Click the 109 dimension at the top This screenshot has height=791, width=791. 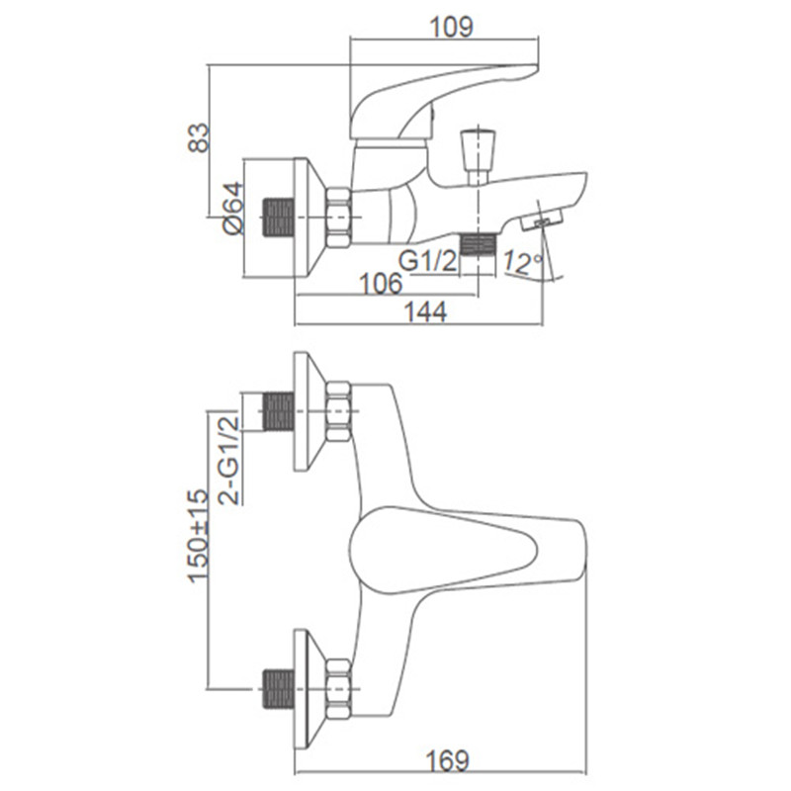click(x=451, y=27)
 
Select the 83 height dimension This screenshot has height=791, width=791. click(x=199, y=137)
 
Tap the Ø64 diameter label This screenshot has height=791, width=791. click(x=233, y=208)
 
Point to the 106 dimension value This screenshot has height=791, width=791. click(x=381, y=284)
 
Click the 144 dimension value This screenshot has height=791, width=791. click(x=425, y=311)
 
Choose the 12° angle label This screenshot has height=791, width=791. click(x=523, y=262)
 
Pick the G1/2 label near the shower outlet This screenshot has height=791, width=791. click(x=427, y=261)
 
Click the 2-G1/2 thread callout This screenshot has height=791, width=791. click(x=228, y=459)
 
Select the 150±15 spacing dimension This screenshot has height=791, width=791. click(x=198, y=536)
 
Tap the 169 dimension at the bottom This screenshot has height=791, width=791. click(x=448, y=760)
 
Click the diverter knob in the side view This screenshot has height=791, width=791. click(x=478, y=151)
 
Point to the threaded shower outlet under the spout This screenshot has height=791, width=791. click(x=479, y=245)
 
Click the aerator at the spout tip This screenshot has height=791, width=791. click(x=542, y=220)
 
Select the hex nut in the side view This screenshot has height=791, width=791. click(x=338, y=218)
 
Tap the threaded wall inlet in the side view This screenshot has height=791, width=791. click(x=279, y=218)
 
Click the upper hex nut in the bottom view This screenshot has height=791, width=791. click(x=338, y=411)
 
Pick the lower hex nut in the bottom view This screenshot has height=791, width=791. click(x=338, y=689)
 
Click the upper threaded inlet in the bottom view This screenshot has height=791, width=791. click(x=279, y=411)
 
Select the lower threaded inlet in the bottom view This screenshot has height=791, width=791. click(x=279, y=689)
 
